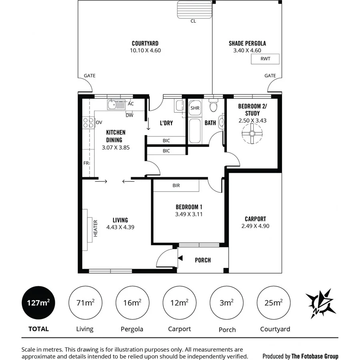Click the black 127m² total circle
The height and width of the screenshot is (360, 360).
[38, 302]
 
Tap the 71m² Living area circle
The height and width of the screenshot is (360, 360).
[85, 302]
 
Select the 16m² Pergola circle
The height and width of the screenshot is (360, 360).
[132, 302]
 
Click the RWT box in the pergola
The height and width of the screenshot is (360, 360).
[265, 59]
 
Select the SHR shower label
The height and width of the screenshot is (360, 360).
[195, 108]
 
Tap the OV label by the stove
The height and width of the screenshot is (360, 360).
[99, 122]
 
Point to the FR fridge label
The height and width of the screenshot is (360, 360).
[86, 163]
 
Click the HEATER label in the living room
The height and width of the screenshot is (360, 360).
[96, 228]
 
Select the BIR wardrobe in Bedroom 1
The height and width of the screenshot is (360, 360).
[176, 186]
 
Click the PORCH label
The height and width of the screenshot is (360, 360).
[203, 260]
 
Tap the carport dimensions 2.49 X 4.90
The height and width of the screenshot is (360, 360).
[255, 226]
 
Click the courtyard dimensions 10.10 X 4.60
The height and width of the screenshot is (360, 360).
[145, 50]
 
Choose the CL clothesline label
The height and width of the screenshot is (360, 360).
[193, 21]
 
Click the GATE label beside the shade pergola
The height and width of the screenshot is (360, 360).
[270, 76]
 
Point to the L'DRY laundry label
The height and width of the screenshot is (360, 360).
[166, 123]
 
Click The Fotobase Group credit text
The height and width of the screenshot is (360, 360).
[300, 356]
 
